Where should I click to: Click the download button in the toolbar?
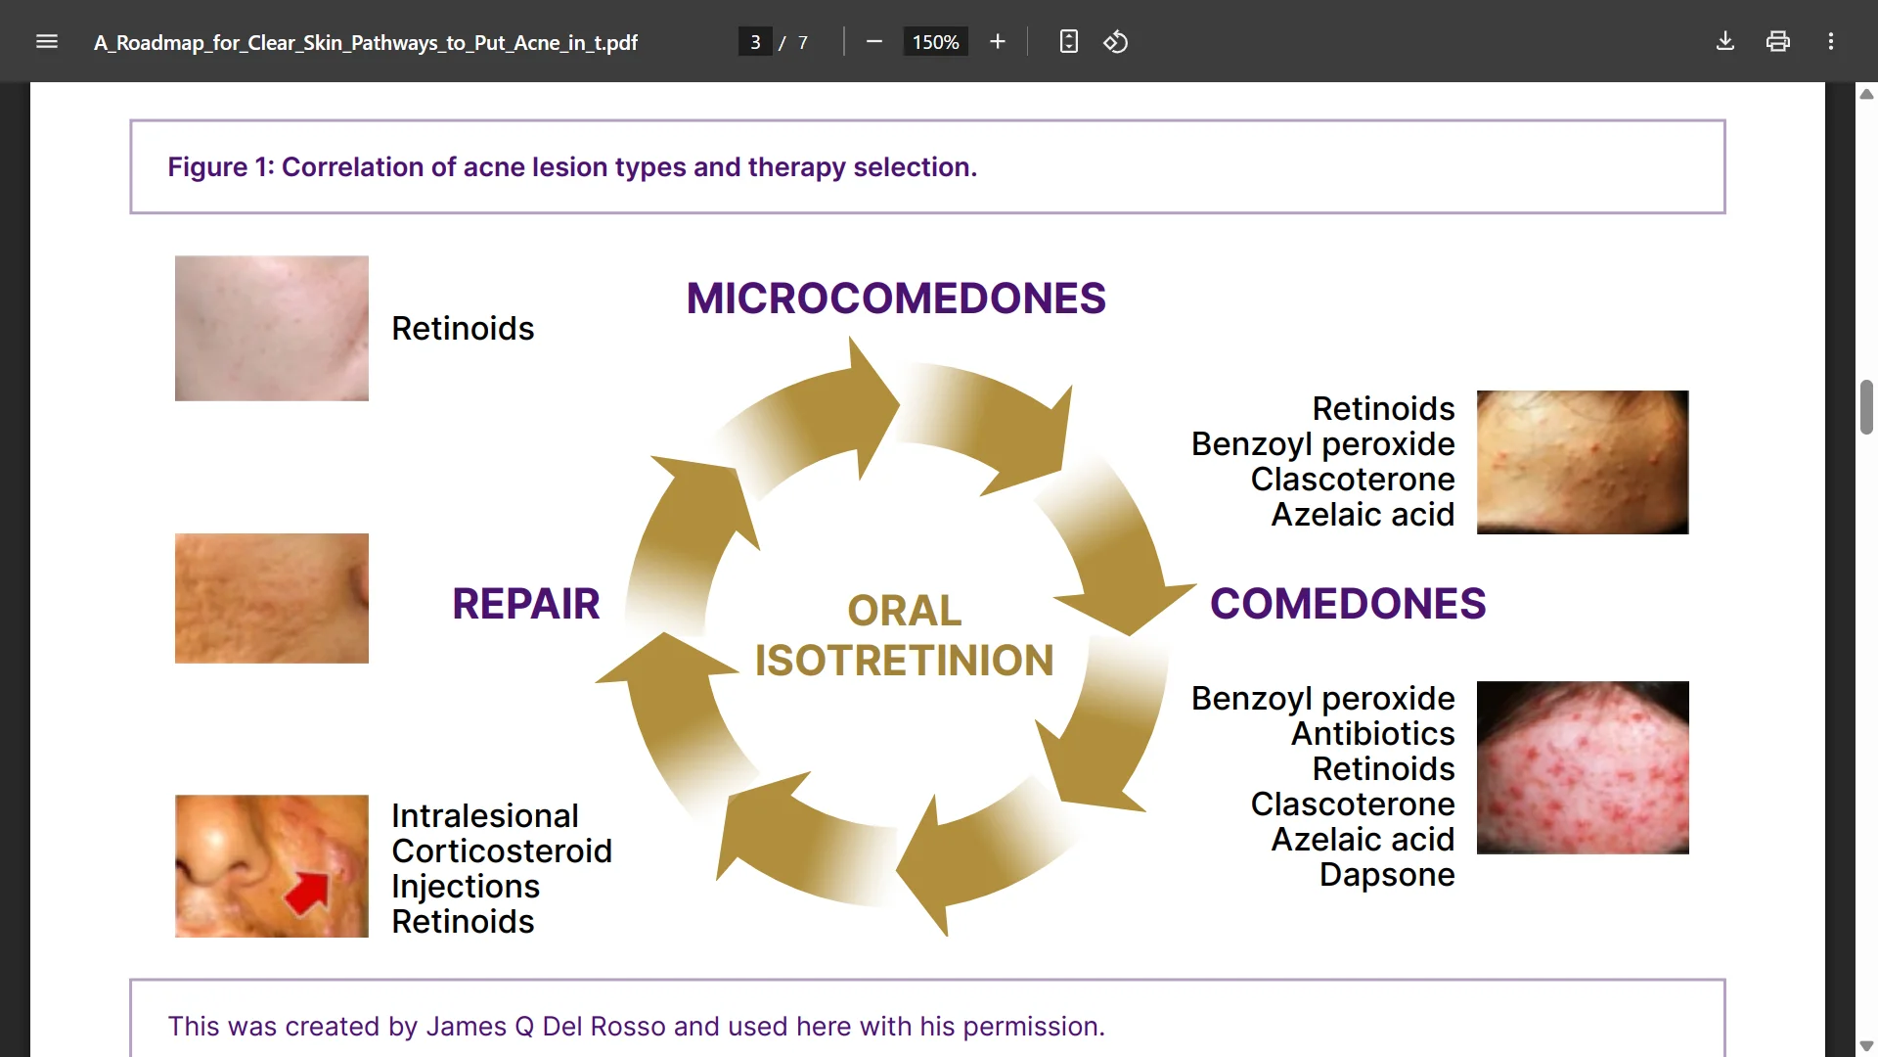click(x=1725, y=41)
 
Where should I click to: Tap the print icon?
click(x=1778, y=41)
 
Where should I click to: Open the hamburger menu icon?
click(x=47, y=41)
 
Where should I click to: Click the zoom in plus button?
click(x=998, y=41)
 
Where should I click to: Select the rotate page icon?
click(x=1116, y=41)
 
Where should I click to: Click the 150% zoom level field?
click(x=935, y=42)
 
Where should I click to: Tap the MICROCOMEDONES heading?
click(x=896, y=299)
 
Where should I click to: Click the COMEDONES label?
click(x=1348, y=604)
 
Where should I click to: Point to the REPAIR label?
click(x=525, y=604)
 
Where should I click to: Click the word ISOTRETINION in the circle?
click(x=904, y=661)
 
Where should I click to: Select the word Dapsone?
click(x=1387, y=875)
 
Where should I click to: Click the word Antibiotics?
click(x=1373, y=734)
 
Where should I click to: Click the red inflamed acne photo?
click(x=1583, y=767)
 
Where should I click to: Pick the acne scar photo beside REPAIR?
click(x=272, y=598)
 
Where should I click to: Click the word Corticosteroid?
click(x=502, y=851)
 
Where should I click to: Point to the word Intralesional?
click(x=485, y=816)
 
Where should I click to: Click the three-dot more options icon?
click(x=1831, y=41)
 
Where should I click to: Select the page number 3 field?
click(x=755, y=42)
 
